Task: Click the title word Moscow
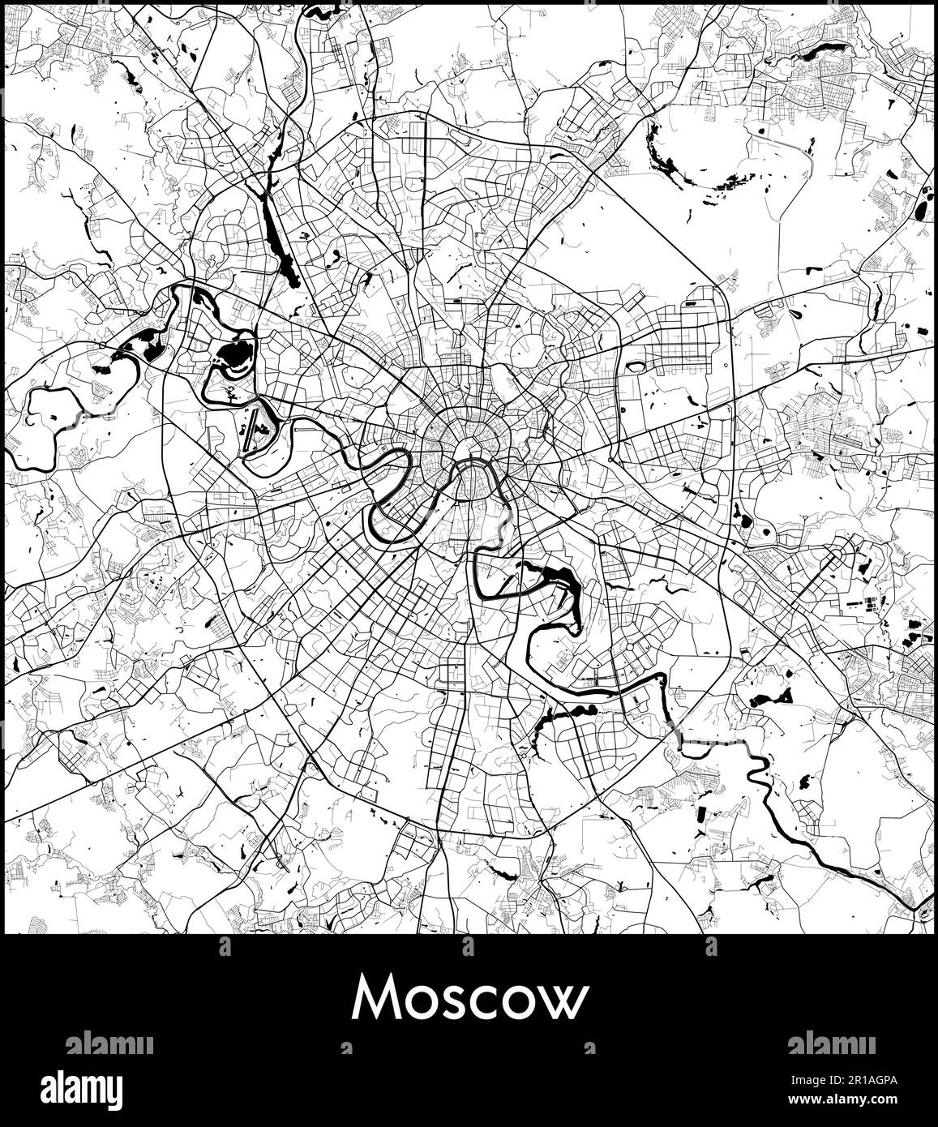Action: pyautogui.click(x=469, y=1000)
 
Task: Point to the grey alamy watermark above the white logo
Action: pyautogui.click(x=109, y=1043)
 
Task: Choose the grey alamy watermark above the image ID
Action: pyautogui.click(x=830, y=1043)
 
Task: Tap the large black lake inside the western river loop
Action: pyautogui.click(x=234, y=354)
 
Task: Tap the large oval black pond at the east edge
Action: pyautogui.click(x=923, y=204)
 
